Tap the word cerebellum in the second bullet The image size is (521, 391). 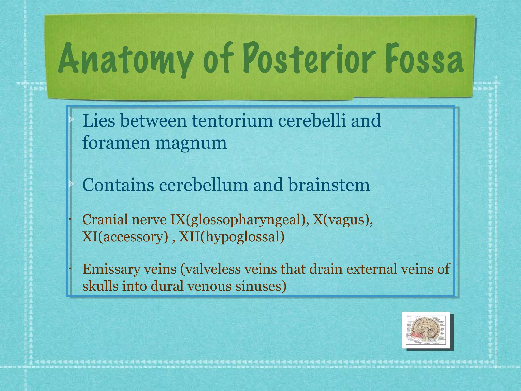[x=203, y=185]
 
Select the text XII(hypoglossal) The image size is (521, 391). [x=231, y=237]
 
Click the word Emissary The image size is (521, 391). [x=111, y=269]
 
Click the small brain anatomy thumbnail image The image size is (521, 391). [x=426, y=330]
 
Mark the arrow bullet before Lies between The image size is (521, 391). [x=71, y=119]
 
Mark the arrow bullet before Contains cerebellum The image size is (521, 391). [x=71, y=184]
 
